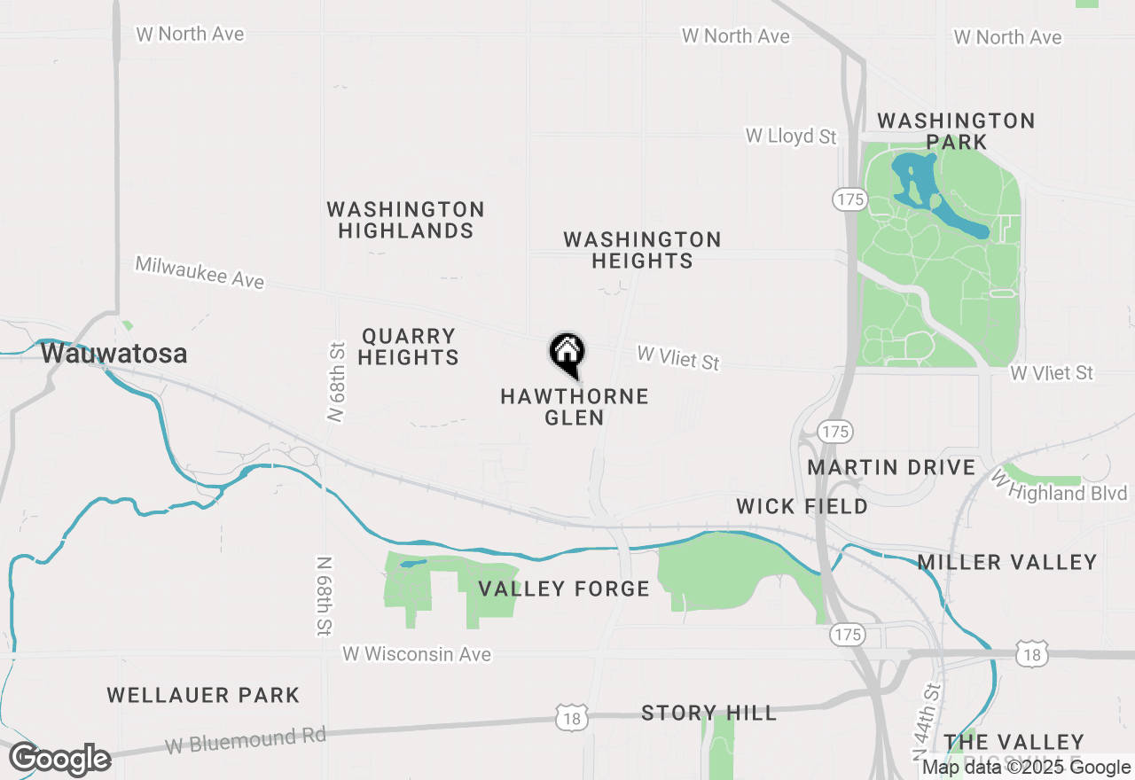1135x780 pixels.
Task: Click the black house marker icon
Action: click(567, 354)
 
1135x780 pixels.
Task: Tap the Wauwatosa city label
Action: click(113, 354)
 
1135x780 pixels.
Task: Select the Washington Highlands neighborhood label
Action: click(405, 220)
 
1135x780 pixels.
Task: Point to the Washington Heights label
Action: click(642, 250)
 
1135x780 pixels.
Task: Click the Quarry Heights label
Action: click(409, 347)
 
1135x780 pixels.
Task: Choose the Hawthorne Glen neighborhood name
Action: click(575, 407)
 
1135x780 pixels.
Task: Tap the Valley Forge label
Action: click(564, 589)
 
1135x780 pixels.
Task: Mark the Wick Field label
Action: click(802, 506)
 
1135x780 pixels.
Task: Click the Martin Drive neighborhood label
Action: click(891, 467)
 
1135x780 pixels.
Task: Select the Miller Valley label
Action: click(1007, 562)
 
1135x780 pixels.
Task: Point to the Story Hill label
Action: click(708, 713)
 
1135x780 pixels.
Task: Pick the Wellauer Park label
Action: click(203, 695)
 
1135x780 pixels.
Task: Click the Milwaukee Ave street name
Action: click(200, 272)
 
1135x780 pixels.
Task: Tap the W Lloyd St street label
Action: click(791, 136)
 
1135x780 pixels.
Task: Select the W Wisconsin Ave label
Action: click(417, 654)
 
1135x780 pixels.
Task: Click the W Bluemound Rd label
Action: click(246, 740)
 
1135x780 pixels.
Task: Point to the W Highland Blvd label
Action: click(1059, 487)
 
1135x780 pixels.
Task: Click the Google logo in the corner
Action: click(60, 760)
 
